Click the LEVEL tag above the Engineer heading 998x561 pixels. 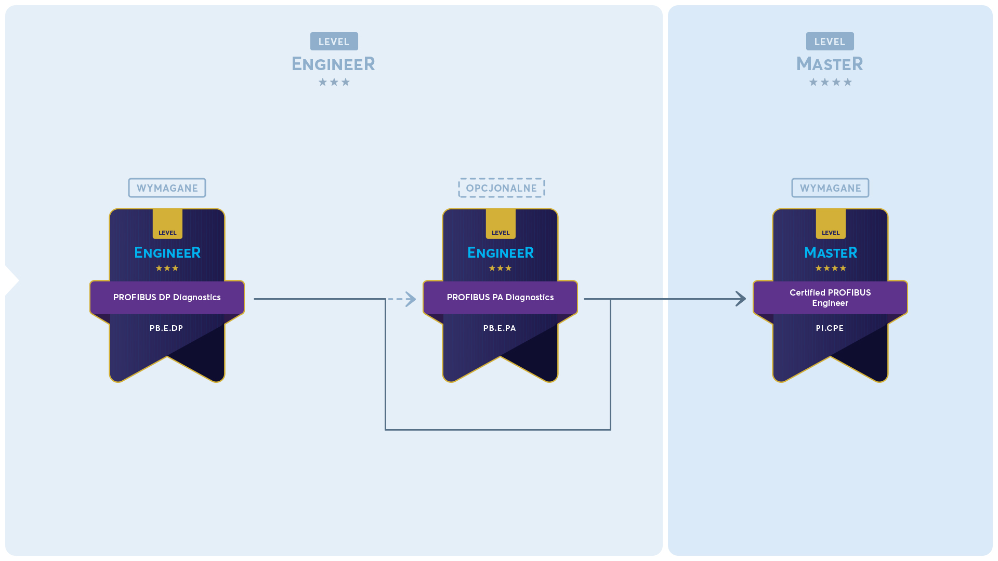(334, 42)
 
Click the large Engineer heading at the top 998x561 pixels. (333, 64)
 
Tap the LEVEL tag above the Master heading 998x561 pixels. (830, 42)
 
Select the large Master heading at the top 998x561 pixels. (830, 64)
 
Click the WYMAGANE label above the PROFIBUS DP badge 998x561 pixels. (167, 188)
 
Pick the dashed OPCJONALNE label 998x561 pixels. (501, 188)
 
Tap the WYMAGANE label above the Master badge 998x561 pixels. (830, 188)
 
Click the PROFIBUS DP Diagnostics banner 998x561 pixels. (167, 297)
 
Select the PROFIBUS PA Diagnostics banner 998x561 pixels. (500, 297)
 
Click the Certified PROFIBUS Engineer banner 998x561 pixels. (830, 297)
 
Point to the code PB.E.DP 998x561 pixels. (166, 328)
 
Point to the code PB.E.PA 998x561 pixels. (500, 328)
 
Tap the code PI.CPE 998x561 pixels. (830, 328)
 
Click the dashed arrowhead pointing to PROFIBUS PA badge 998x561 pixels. (411, 299)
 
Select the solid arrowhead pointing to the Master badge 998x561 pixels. (741, 299)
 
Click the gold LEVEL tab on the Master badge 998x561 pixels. (831, 224)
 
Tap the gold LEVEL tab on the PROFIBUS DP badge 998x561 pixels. (167, 224)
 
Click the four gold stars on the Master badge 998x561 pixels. (831, 268)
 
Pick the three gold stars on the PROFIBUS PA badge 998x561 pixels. (501, 268)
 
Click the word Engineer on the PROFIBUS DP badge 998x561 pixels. (167, 253)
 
